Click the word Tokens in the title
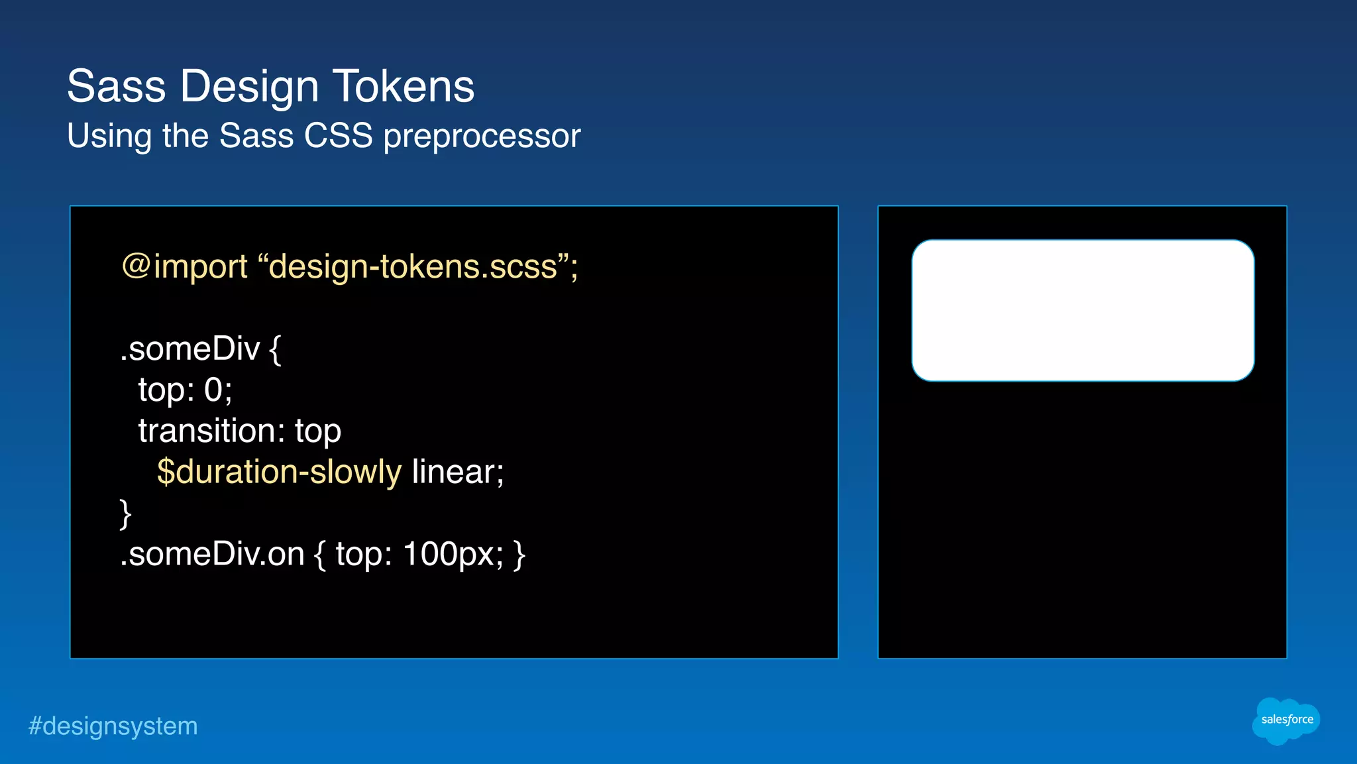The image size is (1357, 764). point(404,86)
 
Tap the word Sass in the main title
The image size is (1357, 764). point(116,86)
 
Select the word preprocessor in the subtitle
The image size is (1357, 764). point(482,136)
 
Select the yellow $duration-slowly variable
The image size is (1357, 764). point(279,472)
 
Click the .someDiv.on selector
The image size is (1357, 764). point(212,554)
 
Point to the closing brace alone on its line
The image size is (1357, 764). point(125,514)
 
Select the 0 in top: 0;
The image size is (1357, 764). point(213,390)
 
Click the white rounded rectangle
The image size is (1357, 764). point(1082,310)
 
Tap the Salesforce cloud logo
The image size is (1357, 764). point(1285,720)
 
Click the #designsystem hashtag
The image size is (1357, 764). point(113,726)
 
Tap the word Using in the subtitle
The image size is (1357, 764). point(109,136)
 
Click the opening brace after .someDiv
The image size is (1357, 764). point(275,349)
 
